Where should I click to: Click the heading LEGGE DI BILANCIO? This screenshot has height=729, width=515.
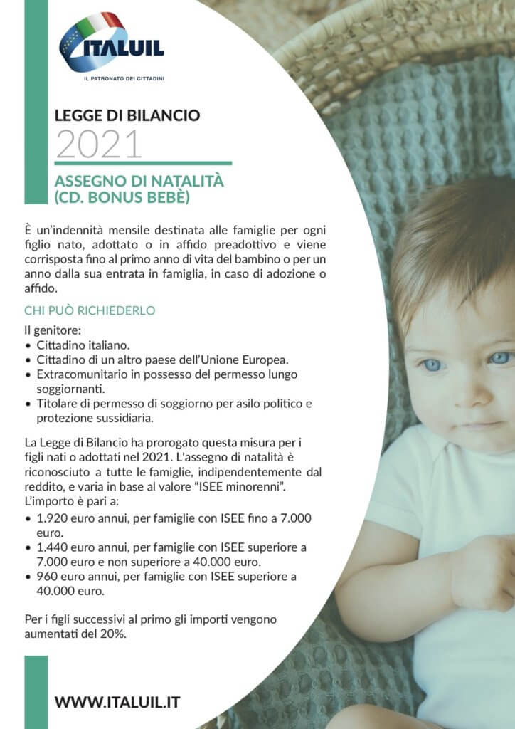(127, 115)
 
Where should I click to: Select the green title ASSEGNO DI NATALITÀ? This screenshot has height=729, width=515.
(139, 181)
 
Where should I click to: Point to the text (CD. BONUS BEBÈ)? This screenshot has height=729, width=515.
(122, 196)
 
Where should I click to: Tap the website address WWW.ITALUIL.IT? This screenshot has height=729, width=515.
(117, 702)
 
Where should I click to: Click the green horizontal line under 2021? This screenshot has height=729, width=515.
(143, 163)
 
